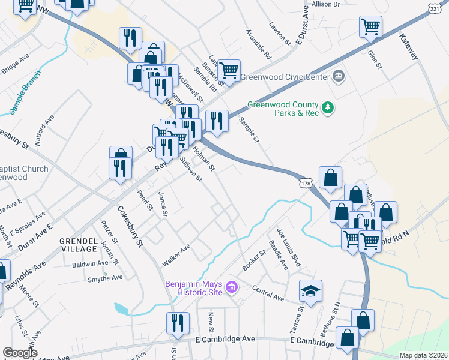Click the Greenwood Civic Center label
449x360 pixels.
tap(285, 77)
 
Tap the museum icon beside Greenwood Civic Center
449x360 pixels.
tap(338, 76)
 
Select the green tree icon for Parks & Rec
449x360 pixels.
tap(328, 107)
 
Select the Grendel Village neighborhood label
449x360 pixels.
tap(79, 244)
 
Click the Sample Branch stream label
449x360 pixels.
tap(25, 92)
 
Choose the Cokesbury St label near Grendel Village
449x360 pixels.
tap(131, 227)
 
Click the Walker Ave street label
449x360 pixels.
tap(176, 256)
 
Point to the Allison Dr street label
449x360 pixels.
tap(325, 4)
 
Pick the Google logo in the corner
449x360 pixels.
tap(20, 352)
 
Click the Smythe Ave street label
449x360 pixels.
tap(105, 277)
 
